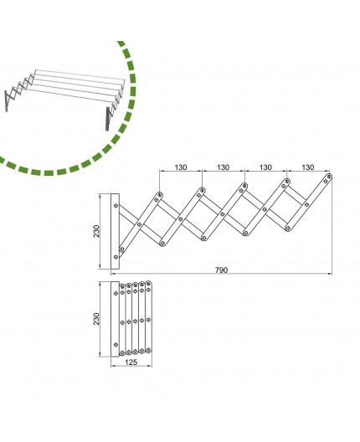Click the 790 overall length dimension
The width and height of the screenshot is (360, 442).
point(222,270)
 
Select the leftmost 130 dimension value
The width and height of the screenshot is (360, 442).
point(181,167)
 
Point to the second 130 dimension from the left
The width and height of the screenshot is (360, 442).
point(224,167)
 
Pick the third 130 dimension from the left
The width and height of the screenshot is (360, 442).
point(266,167)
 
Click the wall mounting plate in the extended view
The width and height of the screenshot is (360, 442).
point(116,230)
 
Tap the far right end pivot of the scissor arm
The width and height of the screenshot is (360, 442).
point(330,177)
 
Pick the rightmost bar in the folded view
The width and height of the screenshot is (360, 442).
point(149,320)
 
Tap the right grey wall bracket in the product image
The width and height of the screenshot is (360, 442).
point(110,117)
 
